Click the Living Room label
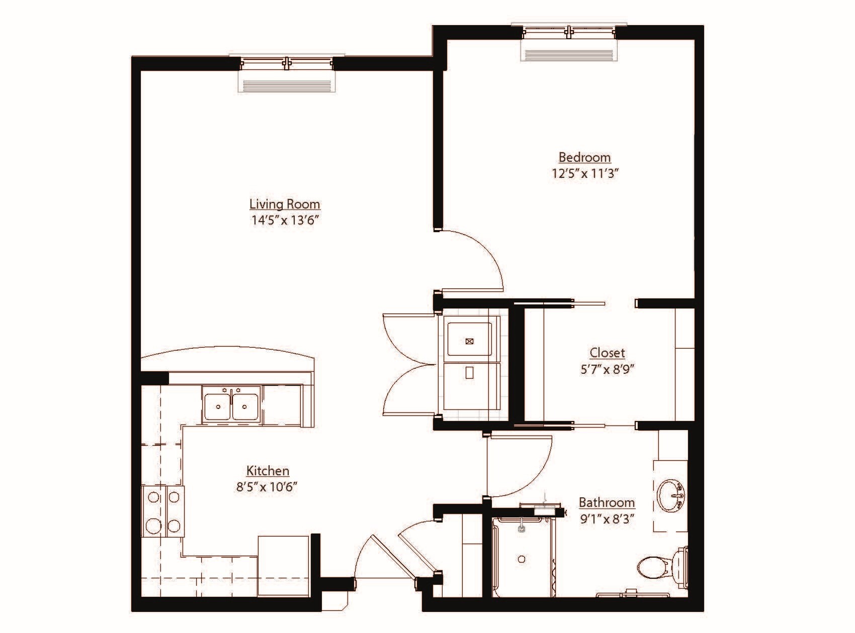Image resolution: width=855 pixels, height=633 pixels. pyautogui.click(x=285, y=204)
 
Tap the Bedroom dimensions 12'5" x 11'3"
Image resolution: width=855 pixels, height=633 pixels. pyautogui.click(x=584, y=174)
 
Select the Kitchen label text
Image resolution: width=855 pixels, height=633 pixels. pyautogui.click(x=268, y=471)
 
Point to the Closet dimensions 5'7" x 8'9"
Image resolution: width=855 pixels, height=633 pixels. pyautogui.click(x=607, y=369)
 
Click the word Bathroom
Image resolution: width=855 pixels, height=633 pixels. pyautogui.click(x=607, y=502)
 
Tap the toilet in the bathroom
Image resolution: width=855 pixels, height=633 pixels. pyautogui.click(x=654, y=567)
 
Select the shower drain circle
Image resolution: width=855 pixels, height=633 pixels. pyautogui.click(x=522, y=559)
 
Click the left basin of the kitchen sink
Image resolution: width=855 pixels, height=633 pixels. pyautogui.click(x=218, y=405)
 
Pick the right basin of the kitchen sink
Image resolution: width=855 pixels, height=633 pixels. pyautogui.click(x=245, y=405)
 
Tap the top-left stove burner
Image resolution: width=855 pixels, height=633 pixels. pyautogui.click(x=153, y=497)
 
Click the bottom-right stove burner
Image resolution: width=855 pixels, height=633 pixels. pyautogui.click(x=174, y=526)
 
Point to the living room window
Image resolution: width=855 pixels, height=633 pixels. pyautogui.click(x=286, y=63)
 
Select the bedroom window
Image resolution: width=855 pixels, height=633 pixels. pyautogui.click(x=569, y=33)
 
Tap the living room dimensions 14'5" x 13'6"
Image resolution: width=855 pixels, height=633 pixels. pyautogui.click(x=286, y=220)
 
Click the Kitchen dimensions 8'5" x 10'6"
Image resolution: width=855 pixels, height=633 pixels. pyautogui.click(x=268, y=487)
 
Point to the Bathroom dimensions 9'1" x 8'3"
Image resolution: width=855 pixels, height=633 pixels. pyautogui.click(x=607, y=518)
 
